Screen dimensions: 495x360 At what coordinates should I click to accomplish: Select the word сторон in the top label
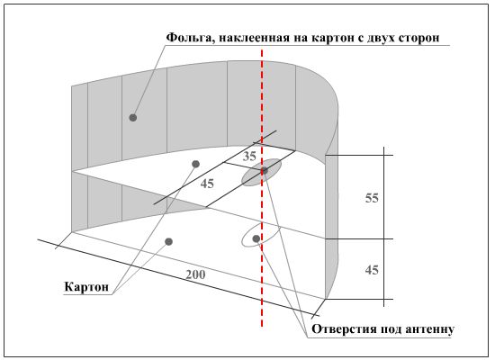418,38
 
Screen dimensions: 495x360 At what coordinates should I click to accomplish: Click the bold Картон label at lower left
86,287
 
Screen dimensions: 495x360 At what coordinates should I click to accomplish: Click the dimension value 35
249,157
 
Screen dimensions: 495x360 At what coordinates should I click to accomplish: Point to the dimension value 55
372,198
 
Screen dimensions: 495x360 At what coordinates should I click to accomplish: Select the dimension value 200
195,274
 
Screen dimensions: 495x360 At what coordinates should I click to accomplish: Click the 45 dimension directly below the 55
372,270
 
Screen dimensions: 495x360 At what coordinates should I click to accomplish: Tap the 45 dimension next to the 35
207,184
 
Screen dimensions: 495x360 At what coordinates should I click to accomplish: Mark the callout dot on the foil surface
133,118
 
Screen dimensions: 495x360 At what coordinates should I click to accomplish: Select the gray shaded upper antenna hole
261,173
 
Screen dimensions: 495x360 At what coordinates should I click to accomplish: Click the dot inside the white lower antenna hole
256,238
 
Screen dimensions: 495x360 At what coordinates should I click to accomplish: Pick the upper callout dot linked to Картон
195,164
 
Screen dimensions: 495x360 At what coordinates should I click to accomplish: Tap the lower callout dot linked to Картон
169,242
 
